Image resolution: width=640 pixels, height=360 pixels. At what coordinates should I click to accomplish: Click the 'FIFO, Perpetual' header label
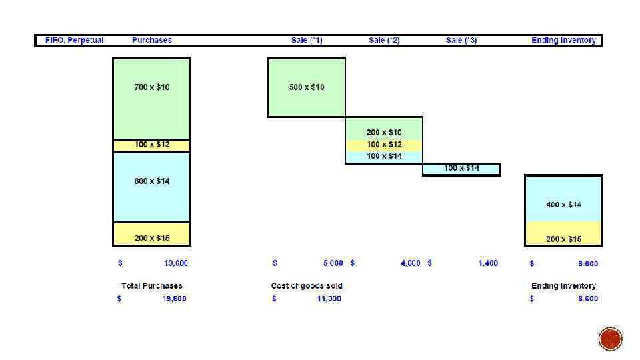pyautogui.click(x=74, y=40)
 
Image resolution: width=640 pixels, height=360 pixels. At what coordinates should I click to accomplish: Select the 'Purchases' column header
pyautogui.click(x=151, y=40)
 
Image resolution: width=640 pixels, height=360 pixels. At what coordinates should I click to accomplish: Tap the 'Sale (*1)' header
pyautogui.click(x=307, y=40)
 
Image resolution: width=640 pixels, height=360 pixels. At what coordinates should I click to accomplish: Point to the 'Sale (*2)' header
pyautogui.click(x=384, y=40)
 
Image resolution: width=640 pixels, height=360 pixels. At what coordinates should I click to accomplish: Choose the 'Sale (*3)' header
pyautogui.click(x=461, y=40)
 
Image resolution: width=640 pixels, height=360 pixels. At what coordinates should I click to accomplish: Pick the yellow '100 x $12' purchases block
pyautogui.click(x=151, y=145)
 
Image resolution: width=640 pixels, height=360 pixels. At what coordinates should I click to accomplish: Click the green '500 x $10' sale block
pyautogui.click(x=307, y=87)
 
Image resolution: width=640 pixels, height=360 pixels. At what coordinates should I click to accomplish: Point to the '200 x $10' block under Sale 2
pyautogui.click(x=384, y=133)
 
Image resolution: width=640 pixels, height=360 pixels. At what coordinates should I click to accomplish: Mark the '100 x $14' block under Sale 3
pyautogui.click(x=461, y=168)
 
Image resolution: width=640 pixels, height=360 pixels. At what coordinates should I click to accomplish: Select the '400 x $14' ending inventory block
pyautogui.click(x=563, y=205)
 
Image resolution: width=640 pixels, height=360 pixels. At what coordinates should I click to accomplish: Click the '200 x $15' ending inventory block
pyautogui.click(x=563, y=239)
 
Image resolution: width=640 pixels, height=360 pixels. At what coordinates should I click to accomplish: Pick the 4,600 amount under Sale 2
pyautogui.click(x=410, y=263)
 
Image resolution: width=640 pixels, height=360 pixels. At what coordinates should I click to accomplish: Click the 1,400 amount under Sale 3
pyautogui.click(x=487, y=263)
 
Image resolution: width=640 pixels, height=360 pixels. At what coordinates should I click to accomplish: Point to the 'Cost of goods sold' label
pyautogui.click(x=307, y=286)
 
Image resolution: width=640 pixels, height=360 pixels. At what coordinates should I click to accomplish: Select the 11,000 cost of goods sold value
pyautogui.click(x=329, y=299)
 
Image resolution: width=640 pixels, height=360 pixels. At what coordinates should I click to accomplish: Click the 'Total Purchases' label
pyautogui.click(x=151, y=286)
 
